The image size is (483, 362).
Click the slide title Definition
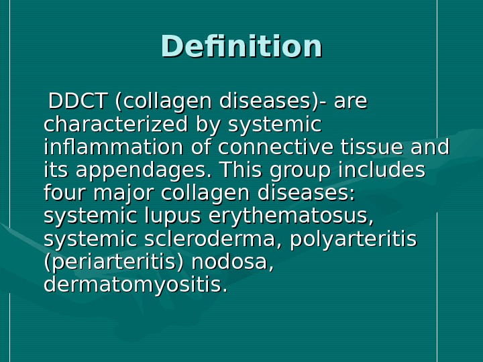pyautogui.click(x=241, y=47)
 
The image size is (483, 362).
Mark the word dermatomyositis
pyautogui.click(x=135, y=285)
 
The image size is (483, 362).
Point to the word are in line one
pyautogui.click(x=350, y=103)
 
